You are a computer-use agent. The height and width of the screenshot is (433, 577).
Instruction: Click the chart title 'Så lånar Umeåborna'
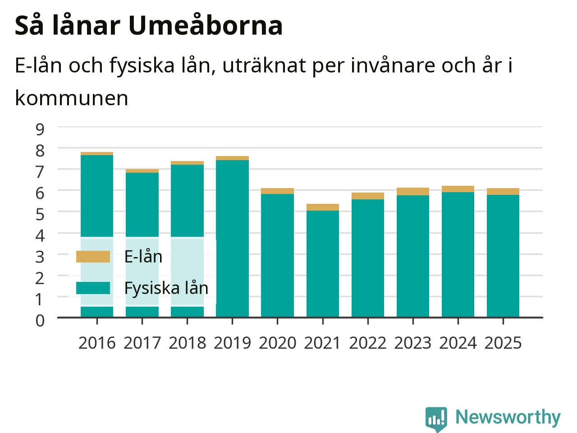pyautogui.click(x=149, y=26)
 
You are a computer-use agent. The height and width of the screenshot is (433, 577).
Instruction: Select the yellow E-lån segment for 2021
pyautogui.click(x=323, y=207)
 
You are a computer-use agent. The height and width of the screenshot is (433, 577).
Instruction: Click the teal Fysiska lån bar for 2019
pyautogui.click(x=232, y=239)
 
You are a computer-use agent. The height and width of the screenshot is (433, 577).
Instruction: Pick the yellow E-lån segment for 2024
pyautogui.click(x=458, y=189)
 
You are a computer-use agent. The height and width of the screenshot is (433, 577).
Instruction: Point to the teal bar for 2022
pyautogui.click(x=368, y=258)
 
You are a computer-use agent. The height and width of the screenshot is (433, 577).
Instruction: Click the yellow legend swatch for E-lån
pyautogui.click(x=93, y=257)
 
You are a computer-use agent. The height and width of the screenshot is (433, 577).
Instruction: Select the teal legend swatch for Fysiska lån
pyautogui.click(x=93, y=288)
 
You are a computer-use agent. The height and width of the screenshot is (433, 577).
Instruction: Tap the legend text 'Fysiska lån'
pyautogui.click(x=166, y=288)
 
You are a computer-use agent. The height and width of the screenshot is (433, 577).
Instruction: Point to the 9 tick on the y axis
pyautogui.click(x=40, y=129)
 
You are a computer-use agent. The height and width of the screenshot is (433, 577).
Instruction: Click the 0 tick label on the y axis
pyautogui.click(x=40, y=321)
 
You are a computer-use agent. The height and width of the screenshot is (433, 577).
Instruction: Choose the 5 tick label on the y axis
pyautogui.click(x=40, y=214)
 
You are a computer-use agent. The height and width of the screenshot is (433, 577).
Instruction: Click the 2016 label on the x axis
pyautogui.click(x=97, y=343)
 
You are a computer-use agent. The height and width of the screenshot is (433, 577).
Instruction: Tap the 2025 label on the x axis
pyautogui.click(x=503, y=343)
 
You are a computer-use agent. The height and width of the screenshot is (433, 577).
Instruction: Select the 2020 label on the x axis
pyautogui.click(x=277, y=343)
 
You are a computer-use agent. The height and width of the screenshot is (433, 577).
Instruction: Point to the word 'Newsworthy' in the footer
pyautogui.click(x=508, y=417)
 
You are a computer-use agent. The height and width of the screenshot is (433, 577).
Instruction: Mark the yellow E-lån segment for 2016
pyautogui.click(x=97, y=153)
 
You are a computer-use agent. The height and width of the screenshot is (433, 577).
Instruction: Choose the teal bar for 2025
pyautogui.click(x=503, y=256)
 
